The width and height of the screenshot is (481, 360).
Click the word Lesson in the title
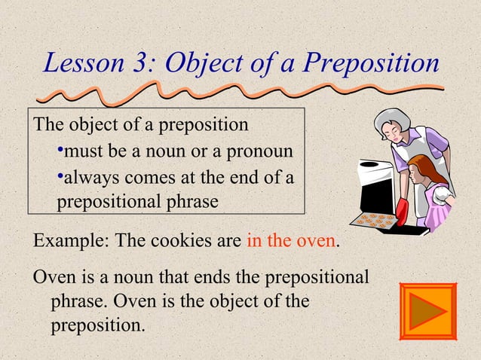point(84,63)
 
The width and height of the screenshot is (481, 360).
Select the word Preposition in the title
point(371,63)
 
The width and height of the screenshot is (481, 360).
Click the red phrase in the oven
point(290,243)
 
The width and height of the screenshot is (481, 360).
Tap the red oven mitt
point(401,212)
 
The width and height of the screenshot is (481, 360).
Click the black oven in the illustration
point(372,188)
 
